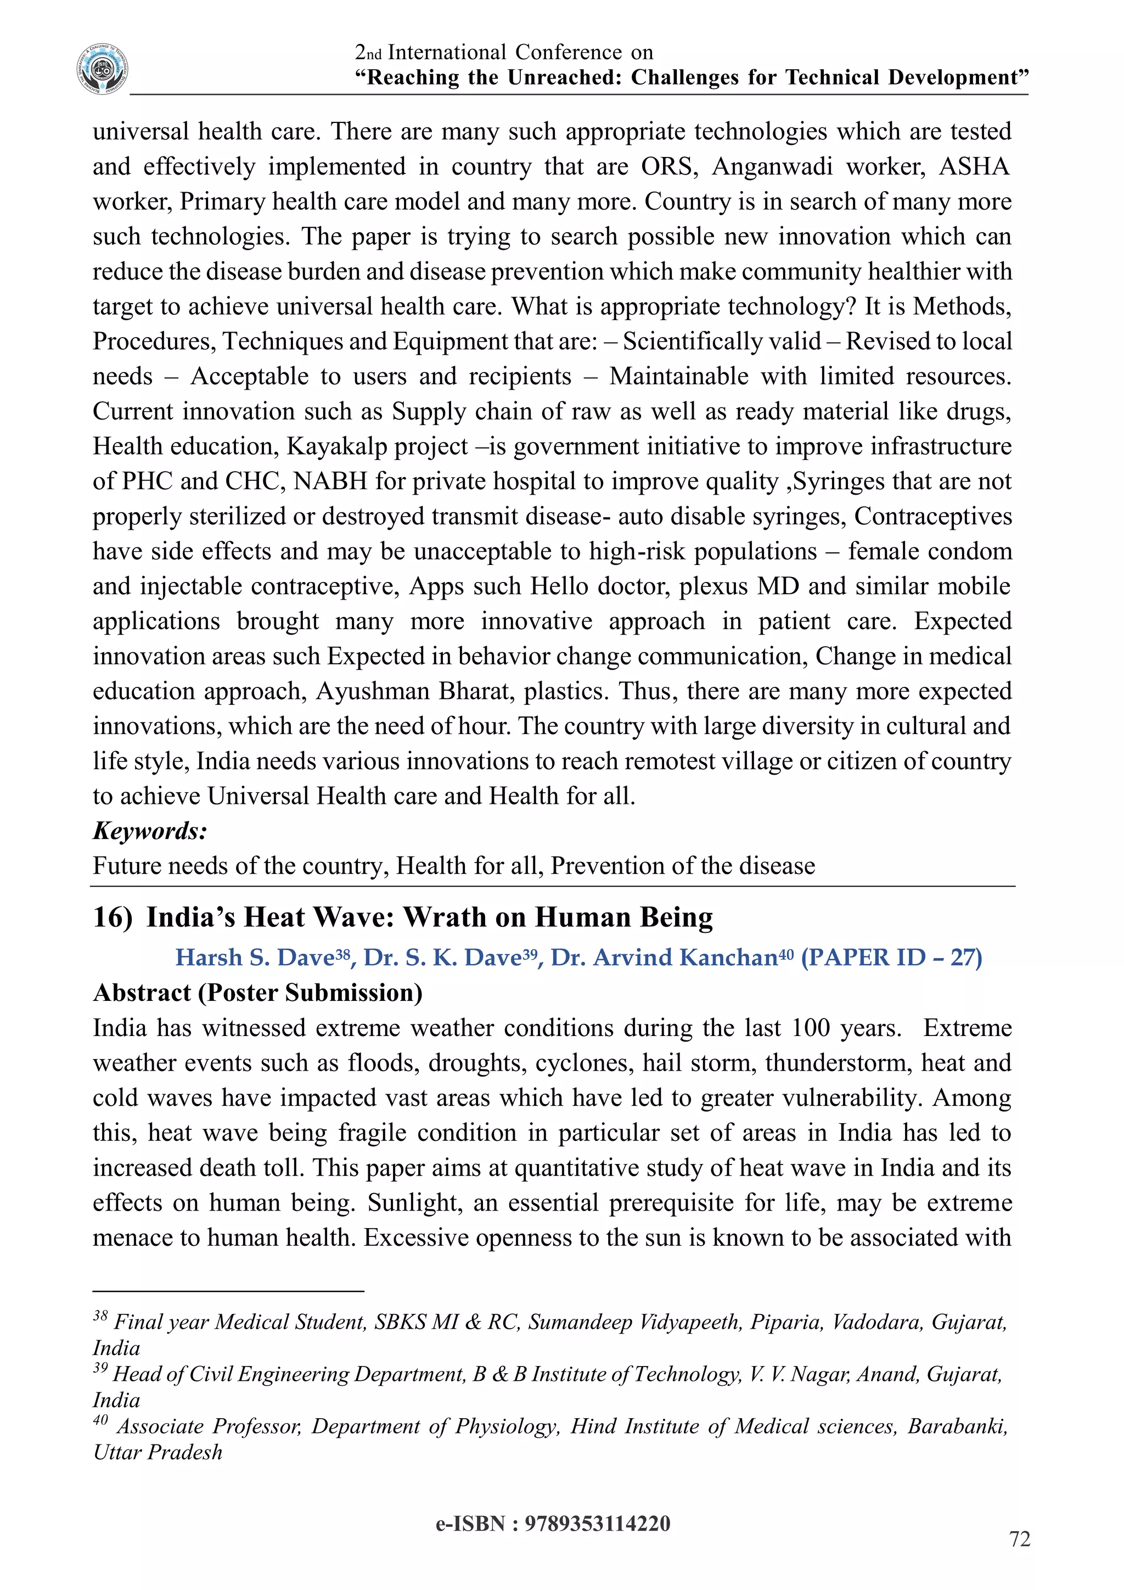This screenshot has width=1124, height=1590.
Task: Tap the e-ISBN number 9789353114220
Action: [597, 1524]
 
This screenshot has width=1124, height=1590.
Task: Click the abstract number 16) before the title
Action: [112, 917]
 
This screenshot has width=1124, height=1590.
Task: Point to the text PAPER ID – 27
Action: [891, 957]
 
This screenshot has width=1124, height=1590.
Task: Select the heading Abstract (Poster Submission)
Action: [257, 992]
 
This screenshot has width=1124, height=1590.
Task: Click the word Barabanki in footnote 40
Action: [957, 1426]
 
